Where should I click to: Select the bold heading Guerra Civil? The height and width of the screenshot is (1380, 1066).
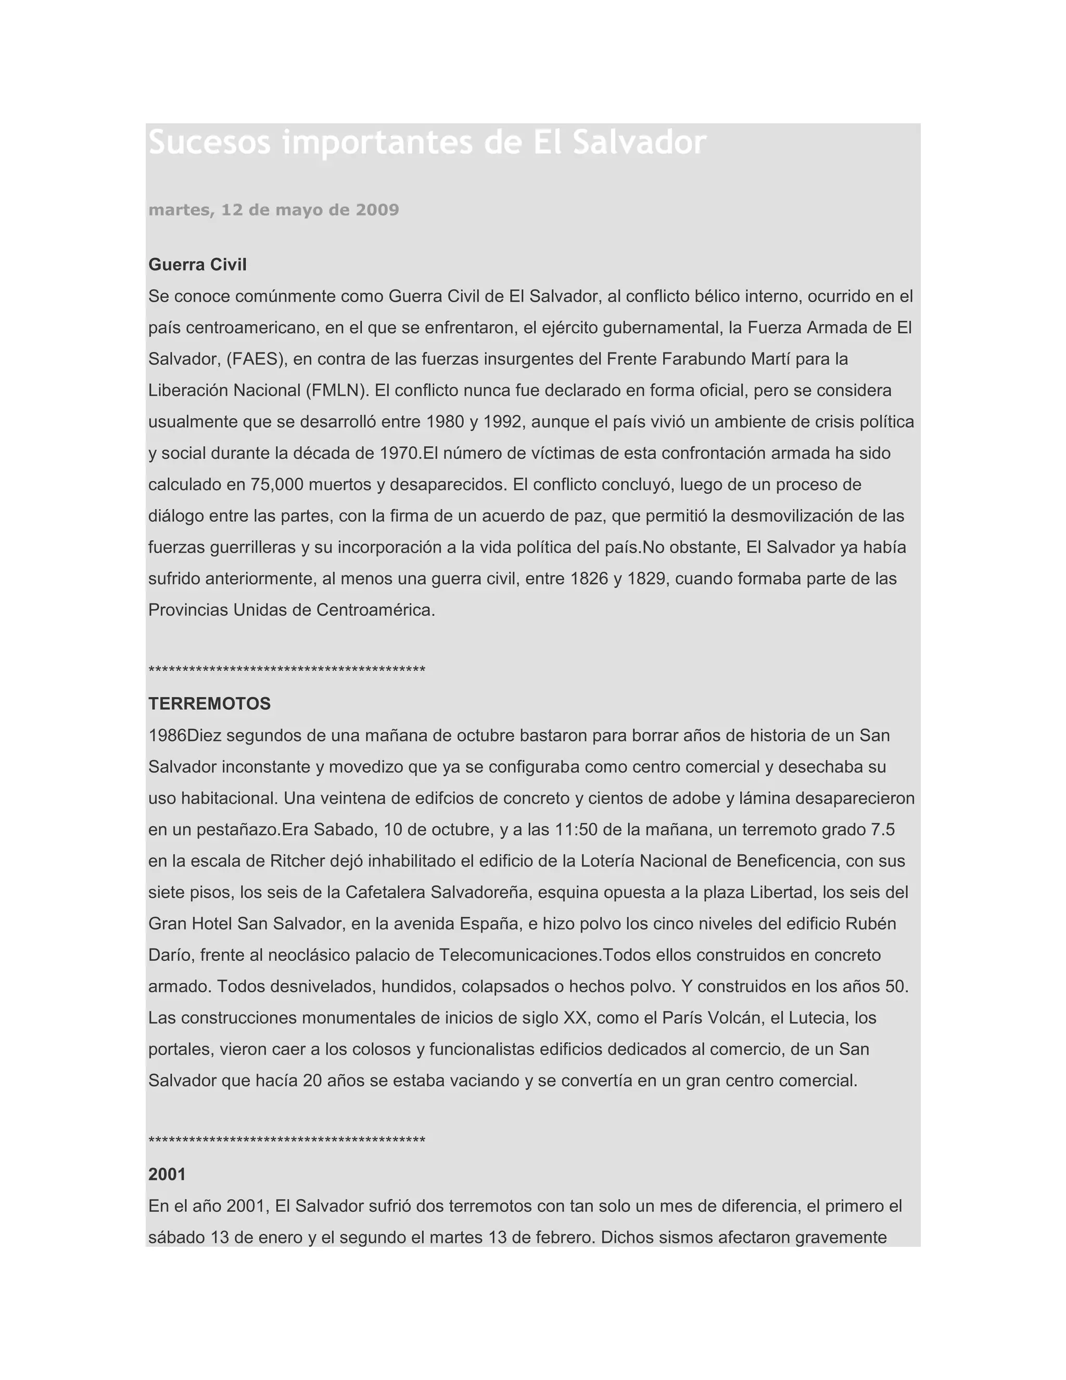pos(197,265)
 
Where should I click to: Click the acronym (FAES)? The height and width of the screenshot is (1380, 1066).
pos(257,359)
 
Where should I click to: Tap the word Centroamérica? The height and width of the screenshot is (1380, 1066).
pos(375,610)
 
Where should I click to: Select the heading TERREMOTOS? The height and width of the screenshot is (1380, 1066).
pos(209,704)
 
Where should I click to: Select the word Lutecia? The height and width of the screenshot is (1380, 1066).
pos(817,1018)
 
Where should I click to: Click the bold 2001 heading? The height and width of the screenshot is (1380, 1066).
pos(167,1175)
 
